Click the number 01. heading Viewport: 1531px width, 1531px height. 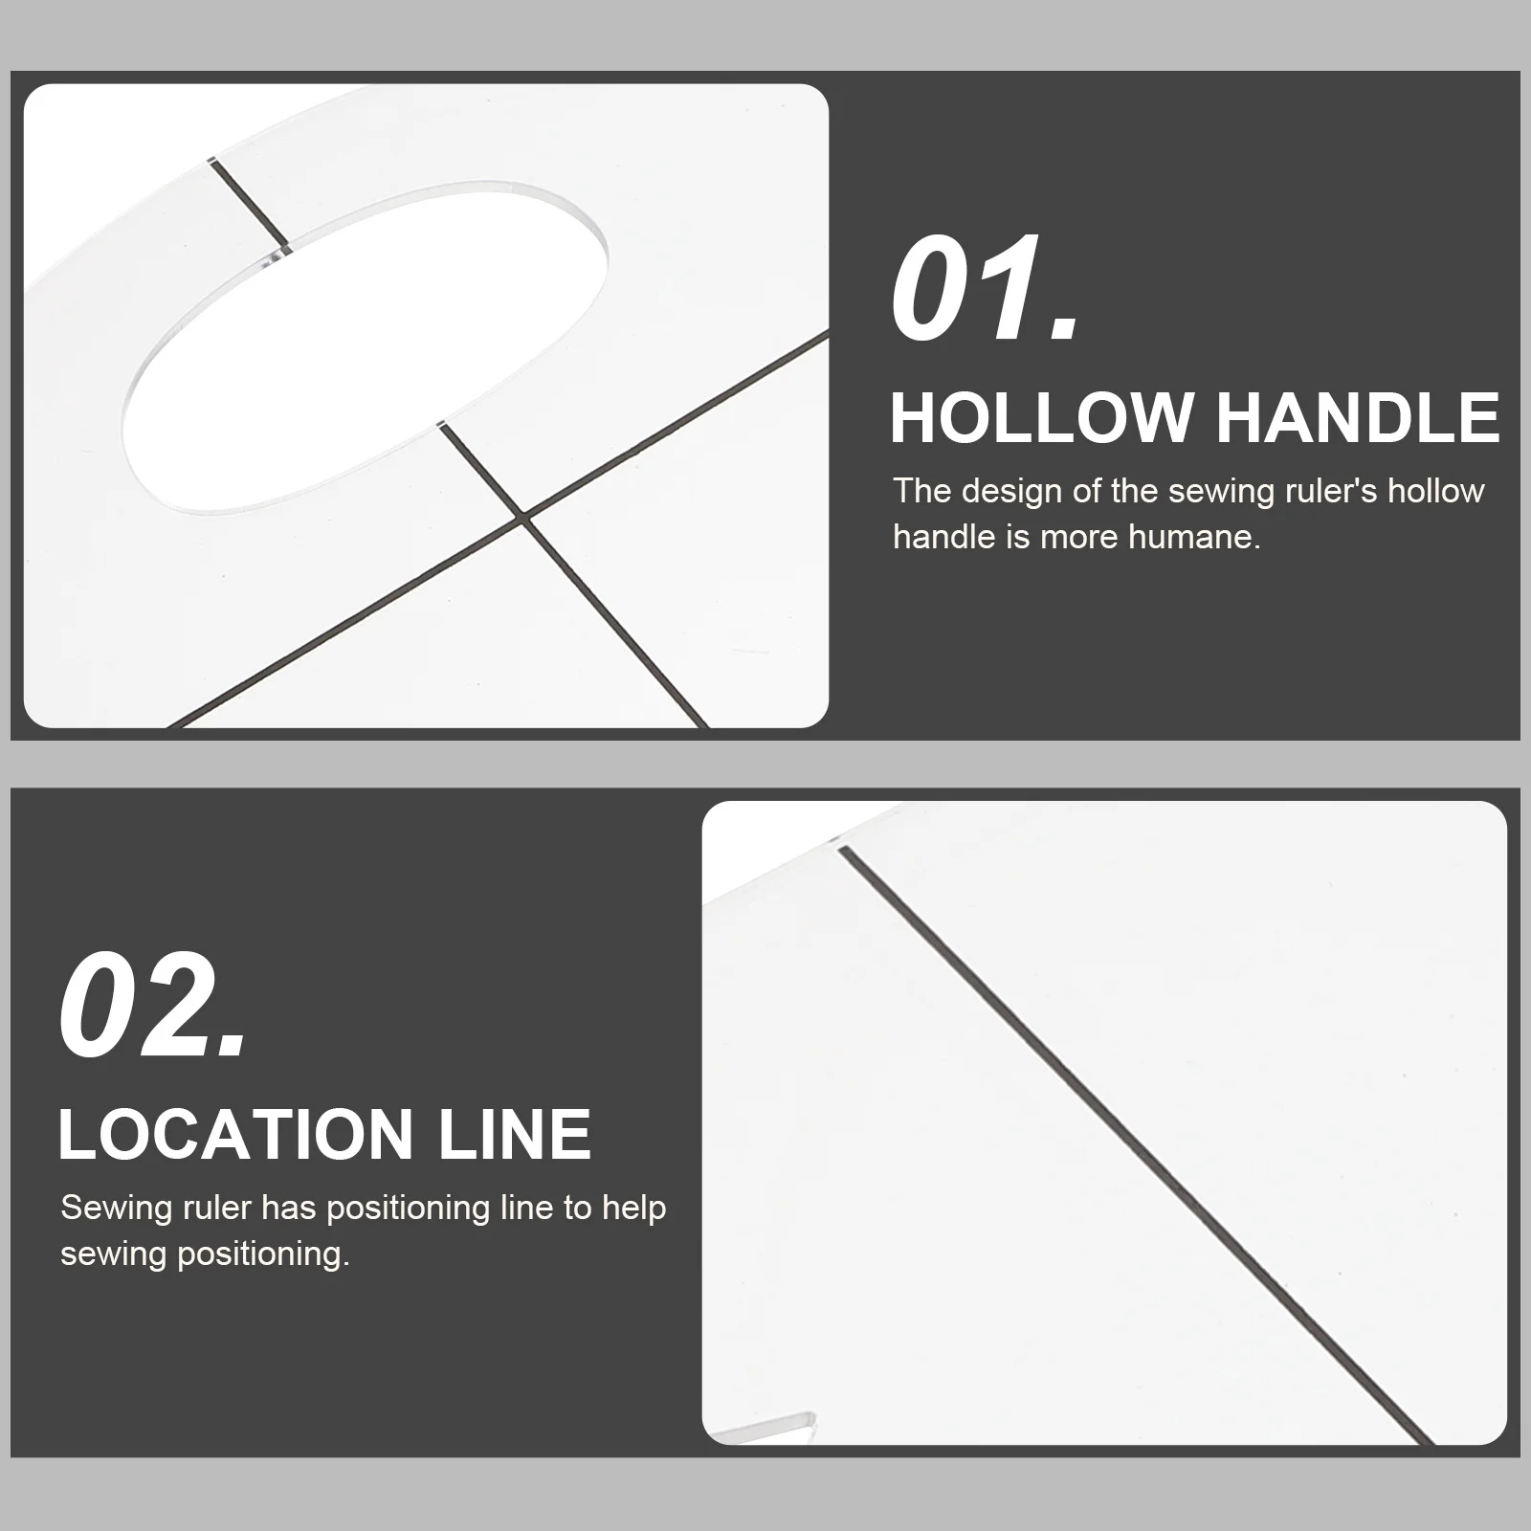click(986, 290)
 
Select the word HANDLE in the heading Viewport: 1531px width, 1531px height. click(1357, 418)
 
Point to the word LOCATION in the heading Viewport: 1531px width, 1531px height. click(234, 1135)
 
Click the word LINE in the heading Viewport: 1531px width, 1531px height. click(514, 1135)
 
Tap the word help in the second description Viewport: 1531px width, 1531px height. click(634, 1209)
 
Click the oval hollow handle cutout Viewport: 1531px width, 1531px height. click(364, 344)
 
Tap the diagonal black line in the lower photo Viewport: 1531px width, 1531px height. click(1135, 1144)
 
